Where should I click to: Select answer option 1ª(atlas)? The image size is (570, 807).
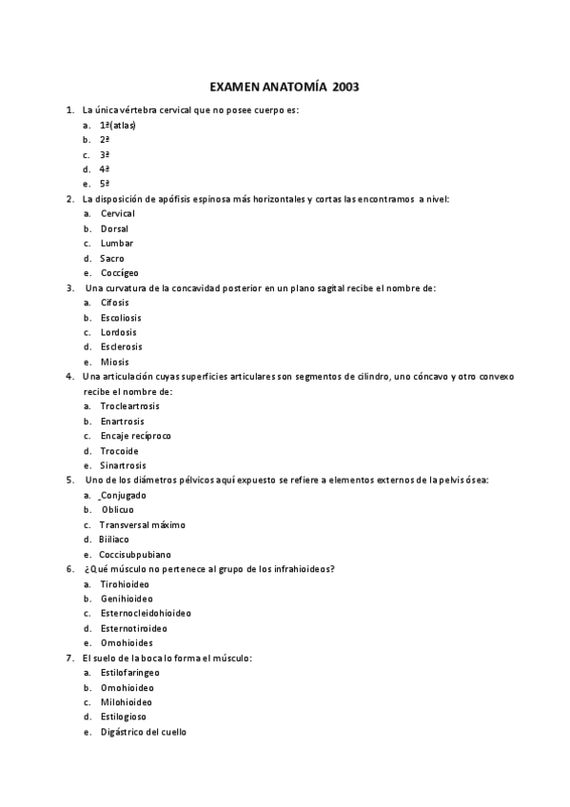coord(117,125)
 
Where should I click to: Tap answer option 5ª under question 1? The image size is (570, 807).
coord(105,184)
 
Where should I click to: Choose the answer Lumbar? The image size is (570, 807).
coord(116,243)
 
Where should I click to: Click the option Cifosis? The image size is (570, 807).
coord(115,303)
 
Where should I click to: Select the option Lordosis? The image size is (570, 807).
coord(118,332)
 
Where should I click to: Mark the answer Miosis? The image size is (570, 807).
coord(114,362)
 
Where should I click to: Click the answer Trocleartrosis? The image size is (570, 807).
coord(129,406)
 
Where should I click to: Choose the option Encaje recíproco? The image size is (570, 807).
coord(135,436)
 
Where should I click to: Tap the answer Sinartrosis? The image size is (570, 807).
coord(123,465)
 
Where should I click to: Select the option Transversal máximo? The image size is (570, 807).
coord(142,524)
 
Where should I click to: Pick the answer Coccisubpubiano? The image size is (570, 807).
coord(135,554)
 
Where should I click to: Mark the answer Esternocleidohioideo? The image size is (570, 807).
coord(145,613)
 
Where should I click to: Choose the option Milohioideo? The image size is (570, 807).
coord(126,702)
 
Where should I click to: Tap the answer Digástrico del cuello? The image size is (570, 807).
coord(143,732)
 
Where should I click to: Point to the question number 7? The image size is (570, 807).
coord(69,658)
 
